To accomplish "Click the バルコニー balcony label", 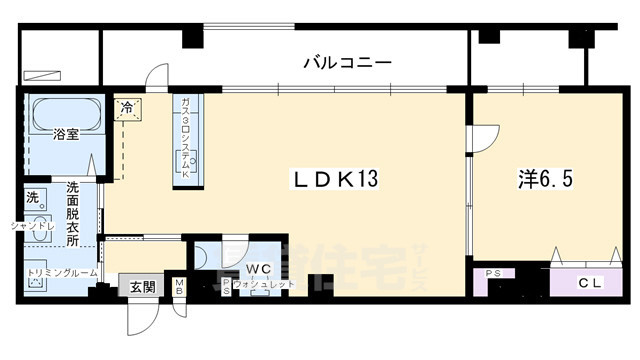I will click(x=347, y=63).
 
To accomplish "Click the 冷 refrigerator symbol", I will click(x=128, y=106).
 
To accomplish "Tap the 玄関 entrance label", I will click(x=142, y=287).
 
